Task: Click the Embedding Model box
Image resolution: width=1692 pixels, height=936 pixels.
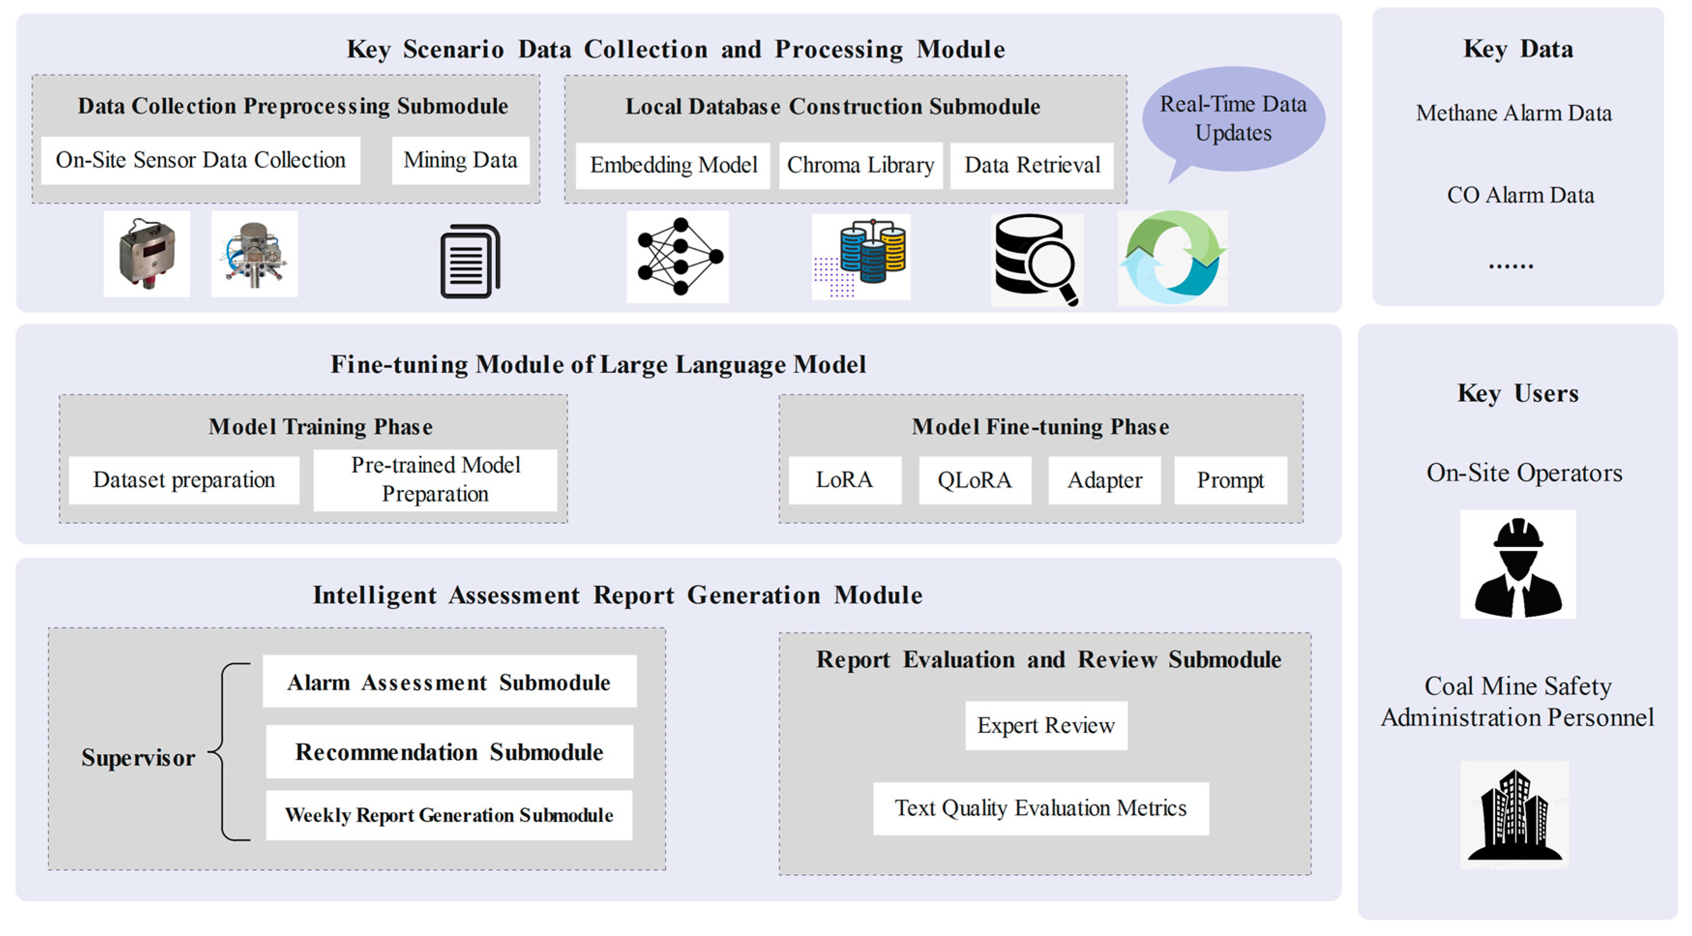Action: coord(673,165)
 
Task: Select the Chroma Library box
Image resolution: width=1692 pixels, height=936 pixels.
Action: coord(860,165)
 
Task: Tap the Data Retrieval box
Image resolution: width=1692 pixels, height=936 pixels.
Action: coord(1032,165)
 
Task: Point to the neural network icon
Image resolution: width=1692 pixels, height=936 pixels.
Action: coord(678,257)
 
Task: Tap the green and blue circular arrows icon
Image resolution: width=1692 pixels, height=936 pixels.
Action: coord(1173,257)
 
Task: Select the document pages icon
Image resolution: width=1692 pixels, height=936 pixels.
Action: coord(470,261)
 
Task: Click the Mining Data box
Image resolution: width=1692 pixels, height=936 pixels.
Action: coord(460,160)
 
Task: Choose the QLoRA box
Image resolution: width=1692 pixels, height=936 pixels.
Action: coord(975,480)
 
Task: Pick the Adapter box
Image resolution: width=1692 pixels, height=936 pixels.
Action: coord(1104,480)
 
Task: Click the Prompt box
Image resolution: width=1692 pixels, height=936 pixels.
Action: coord(1230,480)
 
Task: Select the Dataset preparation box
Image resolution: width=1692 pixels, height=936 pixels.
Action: coord(184,480)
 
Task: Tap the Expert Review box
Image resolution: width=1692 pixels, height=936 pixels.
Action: coord(1045,725)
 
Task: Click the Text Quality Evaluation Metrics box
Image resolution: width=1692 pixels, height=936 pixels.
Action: coord(1041,808)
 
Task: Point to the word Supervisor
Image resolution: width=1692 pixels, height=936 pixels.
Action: coord(138,758)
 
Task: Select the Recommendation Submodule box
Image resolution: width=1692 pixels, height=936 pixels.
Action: coord(449,752)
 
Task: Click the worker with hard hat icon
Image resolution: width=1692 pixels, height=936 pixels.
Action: coord(1517,565)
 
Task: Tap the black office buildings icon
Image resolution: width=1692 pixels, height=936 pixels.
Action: coord(1514,815)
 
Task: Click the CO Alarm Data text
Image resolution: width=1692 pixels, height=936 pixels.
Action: coord(1520,195)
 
